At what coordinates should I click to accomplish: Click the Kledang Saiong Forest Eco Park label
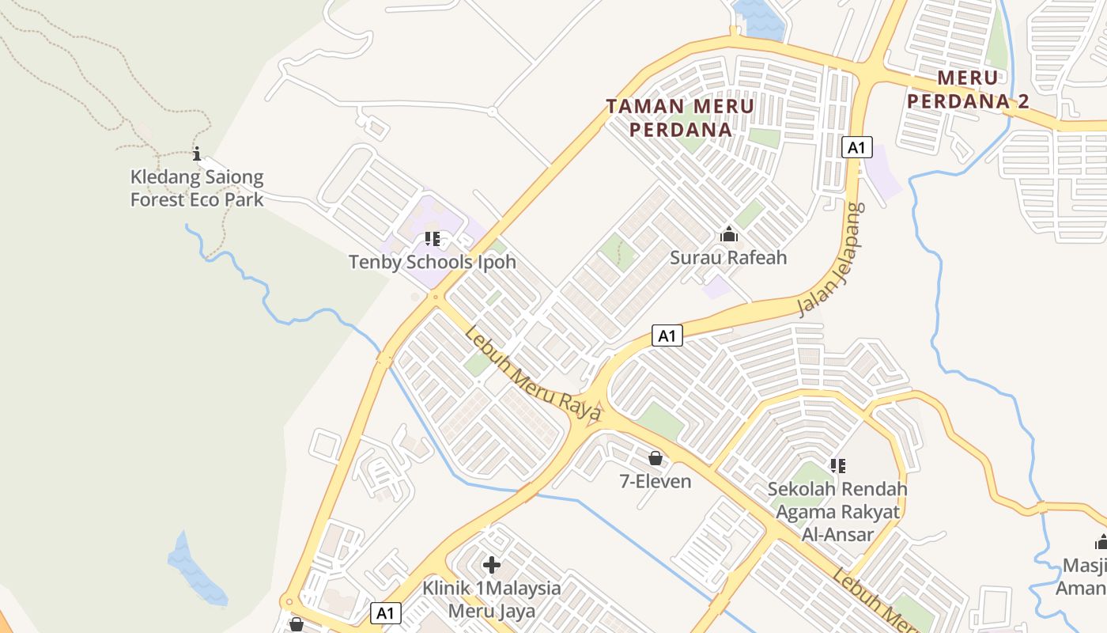pos(197,188)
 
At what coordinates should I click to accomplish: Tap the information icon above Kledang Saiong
pos(197,154)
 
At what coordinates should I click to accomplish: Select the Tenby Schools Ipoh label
pos(432,262)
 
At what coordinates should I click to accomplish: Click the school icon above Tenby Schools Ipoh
pos(432,238)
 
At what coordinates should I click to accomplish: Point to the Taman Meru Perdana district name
pos(680,117)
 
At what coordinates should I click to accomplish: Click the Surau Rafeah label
pos(728,257)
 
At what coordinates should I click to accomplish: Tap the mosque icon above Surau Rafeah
pos(728,234)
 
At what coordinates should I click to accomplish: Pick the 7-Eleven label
pos(655,481)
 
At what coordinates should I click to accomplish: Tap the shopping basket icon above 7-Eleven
pos(655,458)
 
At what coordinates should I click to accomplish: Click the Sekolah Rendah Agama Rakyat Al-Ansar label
pos(837,511)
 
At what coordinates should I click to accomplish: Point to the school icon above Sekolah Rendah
pos(837,466)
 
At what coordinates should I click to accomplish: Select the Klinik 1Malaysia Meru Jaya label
pos(491,600)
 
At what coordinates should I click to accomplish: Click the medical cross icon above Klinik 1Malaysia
pos(491,565)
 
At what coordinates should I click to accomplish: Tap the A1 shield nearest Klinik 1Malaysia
pos(384,612)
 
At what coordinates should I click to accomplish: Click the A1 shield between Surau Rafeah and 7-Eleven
pos(667,335)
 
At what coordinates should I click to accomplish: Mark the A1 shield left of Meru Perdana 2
pos(857,147)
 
